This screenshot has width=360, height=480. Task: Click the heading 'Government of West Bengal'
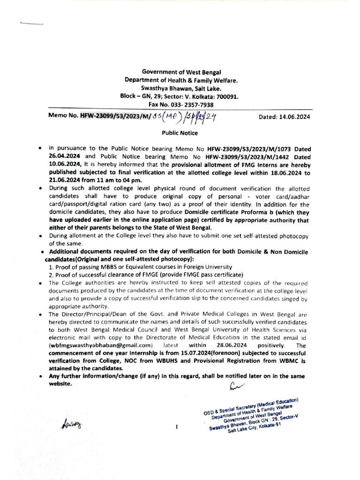(180, 72)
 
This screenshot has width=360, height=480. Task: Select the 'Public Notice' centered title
(180, 133)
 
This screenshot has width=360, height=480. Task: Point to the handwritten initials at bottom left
(67, 425)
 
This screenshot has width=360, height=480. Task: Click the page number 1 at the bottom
(177, 427)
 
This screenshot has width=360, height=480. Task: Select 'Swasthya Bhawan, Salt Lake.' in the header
(180, 88)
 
